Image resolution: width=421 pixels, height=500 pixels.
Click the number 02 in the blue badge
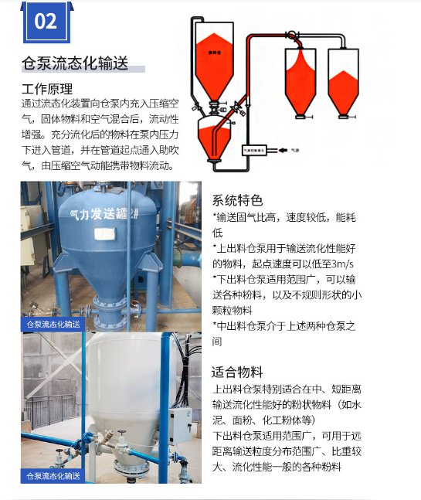[46, 22]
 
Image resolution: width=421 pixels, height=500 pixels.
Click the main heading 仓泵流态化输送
[76, 63]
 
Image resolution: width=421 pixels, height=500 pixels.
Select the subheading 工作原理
[47, 88]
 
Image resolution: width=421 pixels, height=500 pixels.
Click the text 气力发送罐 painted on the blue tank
[98, 212]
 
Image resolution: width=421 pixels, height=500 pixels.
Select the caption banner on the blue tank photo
[53, 324]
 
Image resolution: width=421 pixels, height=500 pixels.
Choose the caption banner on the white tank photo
[53, 475]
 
